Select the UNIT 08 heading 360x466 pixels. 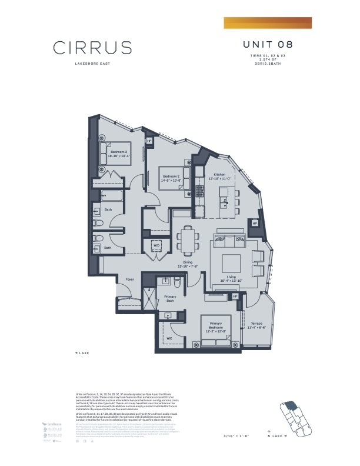(x=268, y=45)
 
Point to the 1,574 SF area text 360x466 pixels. (x=268, y=60)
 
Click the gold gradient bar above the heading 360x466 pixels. (x=268, y=22)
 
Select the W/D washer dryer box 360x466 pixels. (x=156, y=245)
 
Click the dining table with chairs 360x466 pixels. (x=188, y=240)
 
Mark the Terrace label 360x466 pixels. (x=257, y=324)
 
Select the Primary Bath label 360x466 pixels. (x=170, y=299)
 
